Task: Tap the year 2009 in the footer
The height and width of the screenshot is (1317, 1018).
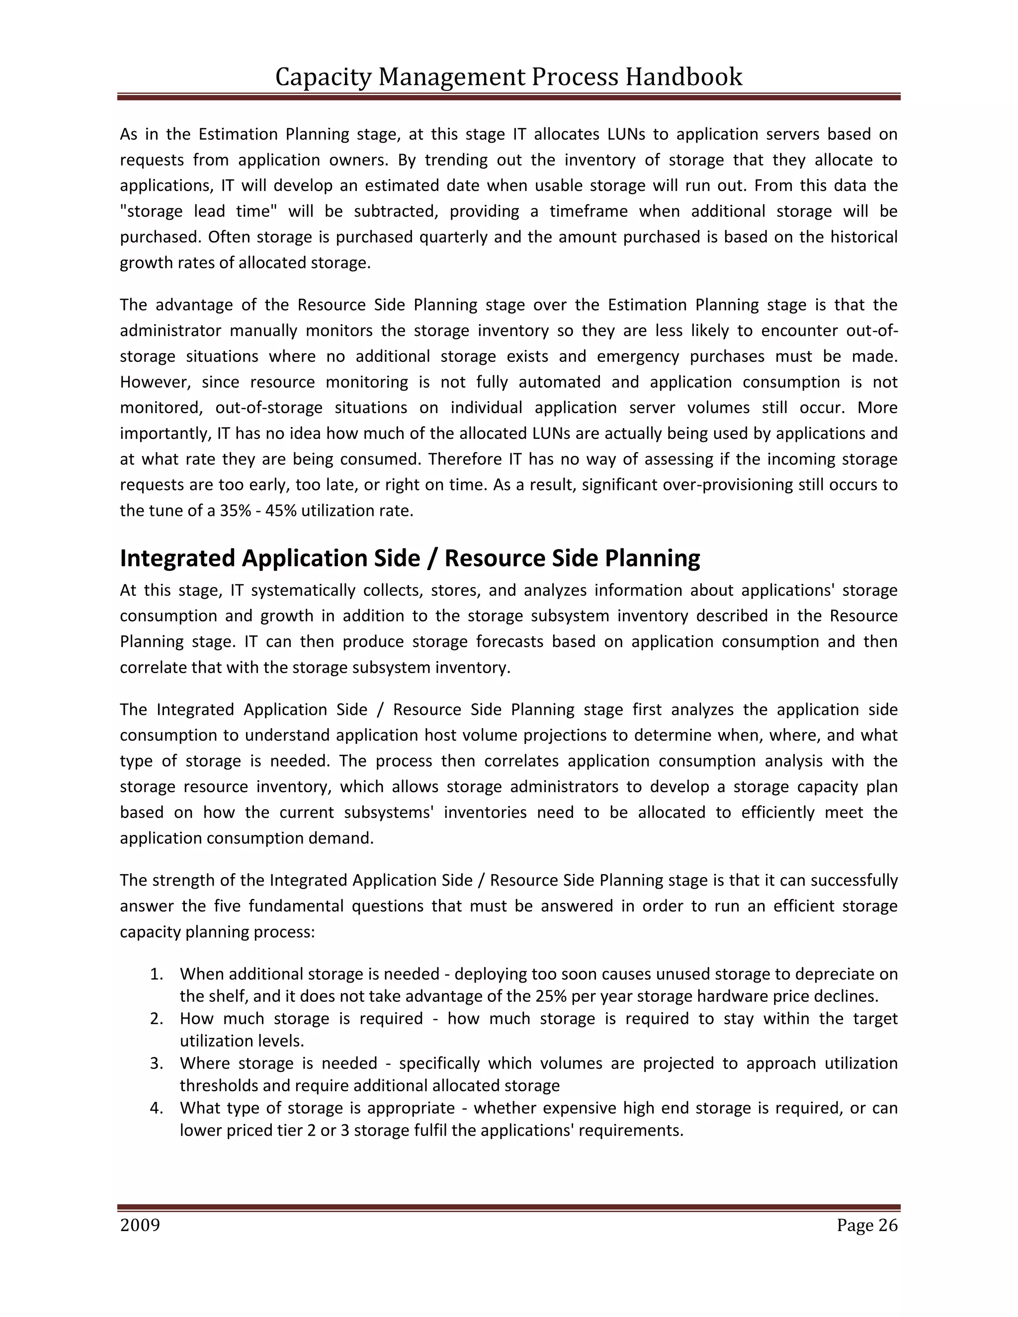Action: pos(140,1226)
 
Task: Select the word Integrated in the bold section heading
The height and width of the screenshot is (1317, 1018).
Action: pos(178,559)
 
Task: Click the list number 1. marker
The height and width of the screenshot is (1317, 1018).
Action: pos(157,974)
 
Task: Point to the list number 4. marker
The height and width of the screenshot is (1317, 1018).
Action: pos(157,1108)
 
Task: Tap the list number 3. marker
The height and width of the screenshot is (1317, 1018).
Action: pos(157,1063)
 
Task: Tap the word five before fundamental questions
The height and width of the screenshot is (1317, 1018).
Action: pos(227,906)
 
